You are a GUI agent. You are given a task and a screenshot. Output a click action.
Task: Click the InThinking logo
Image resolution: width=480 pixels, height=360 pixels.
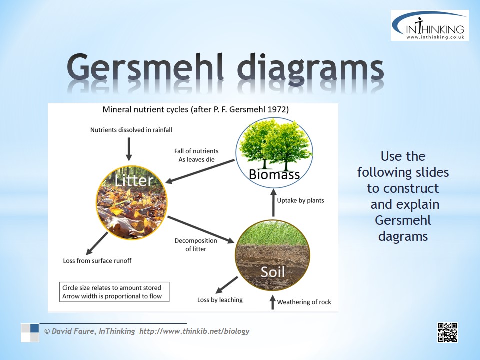click(x=430, y=25)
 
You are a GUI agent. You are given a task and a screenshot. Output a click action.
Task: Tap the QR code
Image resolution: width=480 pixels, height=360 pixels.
click(x=447, y=332)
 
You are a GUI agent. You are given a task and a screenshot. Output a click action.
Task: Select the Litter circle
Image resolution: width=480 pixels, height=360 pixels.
click(x=132, y=203)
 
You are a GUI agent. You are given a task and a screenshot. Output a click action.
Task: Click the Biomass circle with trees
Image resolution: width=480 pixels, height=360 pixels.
click(x=274, y=153)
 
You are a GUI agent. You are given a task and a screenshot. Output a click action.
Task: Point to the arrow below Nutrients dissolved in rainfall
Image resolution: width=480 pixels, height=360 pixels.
click(x=129, y=149)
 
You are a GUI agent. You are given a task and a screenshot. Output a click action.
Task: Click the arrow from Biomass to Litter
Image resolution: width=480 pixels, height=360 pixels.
click(x=200, y=171)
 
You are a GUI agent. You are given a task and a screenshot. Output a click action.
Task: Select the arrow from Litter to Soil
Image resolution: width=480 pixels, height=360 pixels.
click(x=201, y=229)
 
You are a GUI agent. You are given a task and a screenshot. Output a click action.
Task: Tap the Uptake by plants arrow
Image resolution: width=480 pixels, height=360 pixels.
click(x=273, y=202)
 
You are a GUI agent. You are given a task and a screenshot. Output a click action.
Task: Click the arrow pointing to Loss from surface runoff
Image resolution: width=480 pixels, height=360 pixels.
click(x=97, y=243)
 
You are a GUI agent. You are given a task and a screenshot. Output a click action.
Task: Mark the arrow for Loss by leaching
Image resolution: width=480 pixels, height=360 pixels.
click(x=227, y=285)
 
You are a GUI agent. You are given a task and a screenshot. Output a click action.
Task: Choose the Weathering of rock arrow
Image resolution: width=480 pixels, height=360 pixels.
click(x=273, y=302)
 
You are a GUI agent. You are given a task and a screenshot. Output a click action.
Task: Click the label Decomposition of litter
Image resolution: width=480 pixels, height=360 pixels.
click(x=196, y=245)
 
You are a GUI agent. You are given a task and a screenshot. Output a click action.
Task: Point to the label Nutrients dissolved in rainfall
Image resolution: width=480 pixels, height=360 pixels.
click(x=131, y=130)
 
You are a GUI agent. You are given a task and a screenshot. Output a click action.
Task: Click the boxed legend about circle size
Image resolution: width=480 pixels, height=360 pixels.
click(x=114, y=292)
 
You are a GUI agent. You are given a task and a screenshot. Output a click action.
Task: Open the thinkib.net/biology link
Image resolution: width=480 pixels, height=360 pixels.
click(x=194, y=331)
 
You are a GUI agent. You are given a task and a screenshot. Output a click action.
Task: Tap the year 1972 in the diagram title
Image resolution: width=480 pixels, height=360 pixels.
click(x=276, y=109)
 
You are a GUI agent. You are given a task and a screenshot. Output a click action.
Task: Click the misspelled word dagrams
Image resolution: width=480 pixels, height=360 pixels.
click(x=403, y=236)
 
